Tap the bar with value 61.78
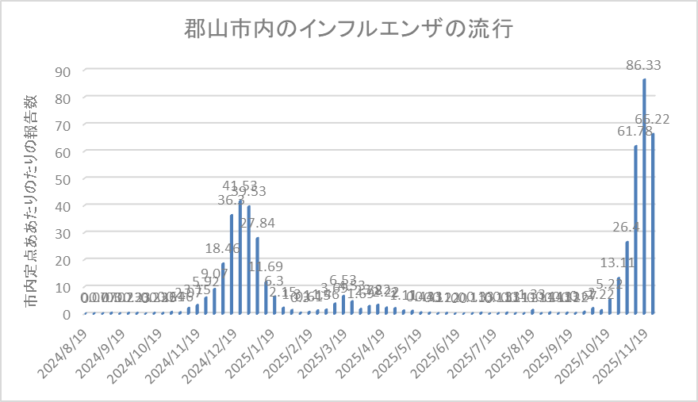(x=635, y=229)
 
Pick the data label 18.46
(x=223, y=249)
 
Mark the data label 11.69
(x=266, y=267)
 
